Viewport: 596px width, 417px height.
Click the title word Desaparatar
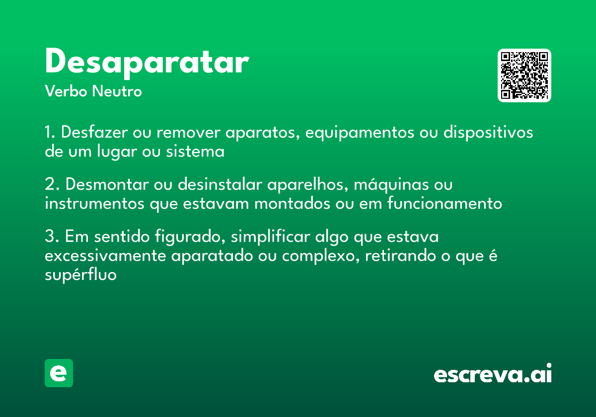[147, 63]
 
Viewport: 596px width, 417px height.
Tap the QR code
[524, 75]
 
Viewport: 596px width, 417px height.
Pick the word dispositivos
[488, 133]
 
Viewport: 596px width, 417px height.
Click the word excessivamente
[105, 256]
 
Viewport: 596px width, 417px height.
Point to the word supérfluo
[80, 275]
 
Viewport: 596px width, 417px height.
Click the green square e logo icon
[59, 373]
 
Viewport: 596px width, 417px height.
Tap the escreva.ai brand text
[493, 374]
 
